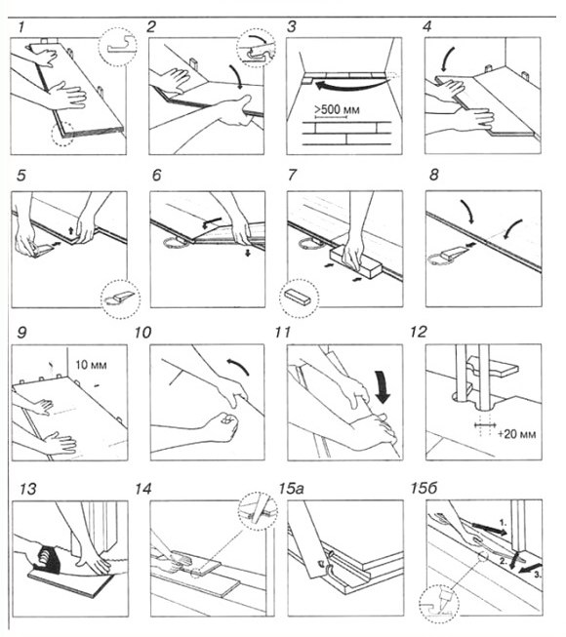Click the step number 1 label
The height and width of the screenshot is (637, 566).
pos(21,27)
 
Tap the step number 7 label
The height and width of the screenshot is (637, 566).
pos(292,175)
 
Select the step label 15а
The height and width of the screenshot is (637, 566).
pos(292,489)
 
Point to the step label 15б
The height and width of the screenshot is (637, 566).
pos(424,488)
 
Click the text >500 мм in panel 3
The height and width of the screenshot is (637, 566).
pos(337,109)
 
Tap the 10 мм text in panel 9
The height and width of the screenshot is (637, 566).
pos(91,365)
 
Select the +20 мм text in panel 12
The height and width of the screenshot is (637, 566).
pos(517,434)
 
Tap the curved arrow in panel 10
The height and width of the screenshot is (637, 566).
pos(238,365)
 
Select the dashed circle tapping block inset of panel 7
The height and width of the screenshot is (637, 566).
pos(300,298)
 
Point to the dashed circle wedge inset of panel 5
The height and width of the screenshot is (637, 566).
pos(121,299)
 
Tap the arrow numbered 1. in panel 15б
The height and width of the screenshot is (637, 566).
pos(489,528)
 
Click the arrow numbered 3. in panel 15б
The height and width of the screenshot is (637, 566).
pos(531,569)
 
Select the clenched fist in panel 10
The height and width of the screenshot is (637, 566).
pos(222,426)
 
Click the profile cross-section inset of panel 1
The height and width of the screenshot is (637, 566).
pos(117,47)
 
